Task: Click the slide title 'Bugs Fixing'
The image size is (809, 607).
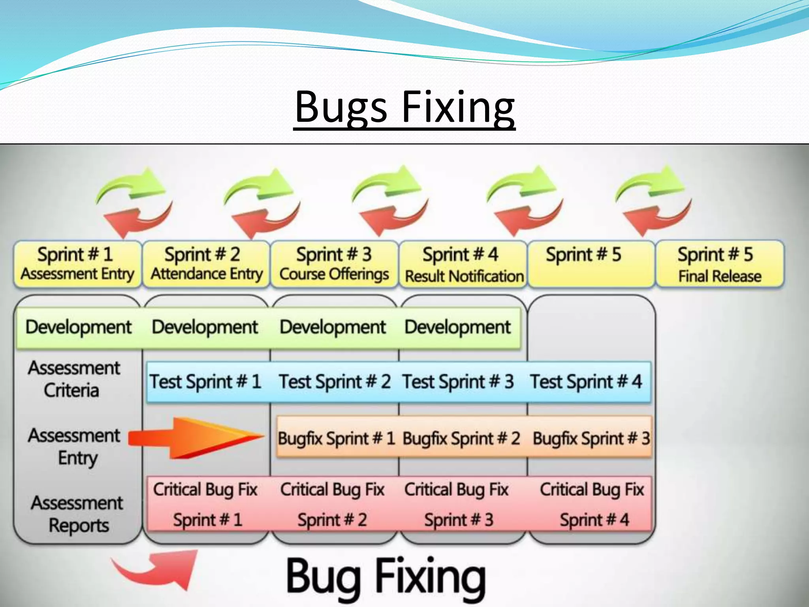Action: pyautogui.click(x=404, y=107)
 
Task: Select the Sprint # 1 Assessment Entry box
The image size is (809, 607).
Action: pyautogui.click(x=77, y=264)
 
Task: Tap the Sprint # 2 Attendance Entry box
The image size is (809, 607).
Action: pyautogui.click(x=206, y=264)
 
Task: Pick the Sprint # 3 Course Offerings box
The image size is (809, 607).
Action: pyautogui.click(x=334, y=264)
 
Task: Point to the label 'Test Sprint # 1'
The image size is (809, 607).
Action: pyautogui.click(x=205, y=382)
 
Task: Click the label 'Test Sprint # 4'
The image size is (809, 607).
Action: pyautogui.click(x=586, y=382)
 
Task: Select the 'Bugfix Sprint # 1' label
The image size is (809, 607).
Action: pyautogui.click(x=337, y=438)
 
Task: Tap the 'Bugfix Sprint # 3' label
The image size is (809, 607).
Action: pyautogui.click(x=591, y=438)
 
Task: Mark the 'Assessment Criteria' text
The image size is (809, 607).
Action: pyautogui.click(x=73, y=379)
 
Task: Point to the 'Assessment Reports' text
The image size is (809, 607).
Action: pyautogui.click(x=77, y=514)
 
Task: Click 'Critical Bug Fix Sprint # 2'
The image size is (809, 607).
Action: pyautogui.click(x=333, y=504)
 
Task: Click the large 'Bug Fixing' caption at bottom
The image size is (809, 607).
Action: pyautogui.click(x=386, y=578)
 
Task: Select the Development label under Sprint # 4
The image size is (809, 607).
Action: pyautogui.click(x=457, y=327)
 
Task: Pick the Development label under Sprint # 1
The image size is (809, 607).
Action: pyautogui.click(x=78, y=327)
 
